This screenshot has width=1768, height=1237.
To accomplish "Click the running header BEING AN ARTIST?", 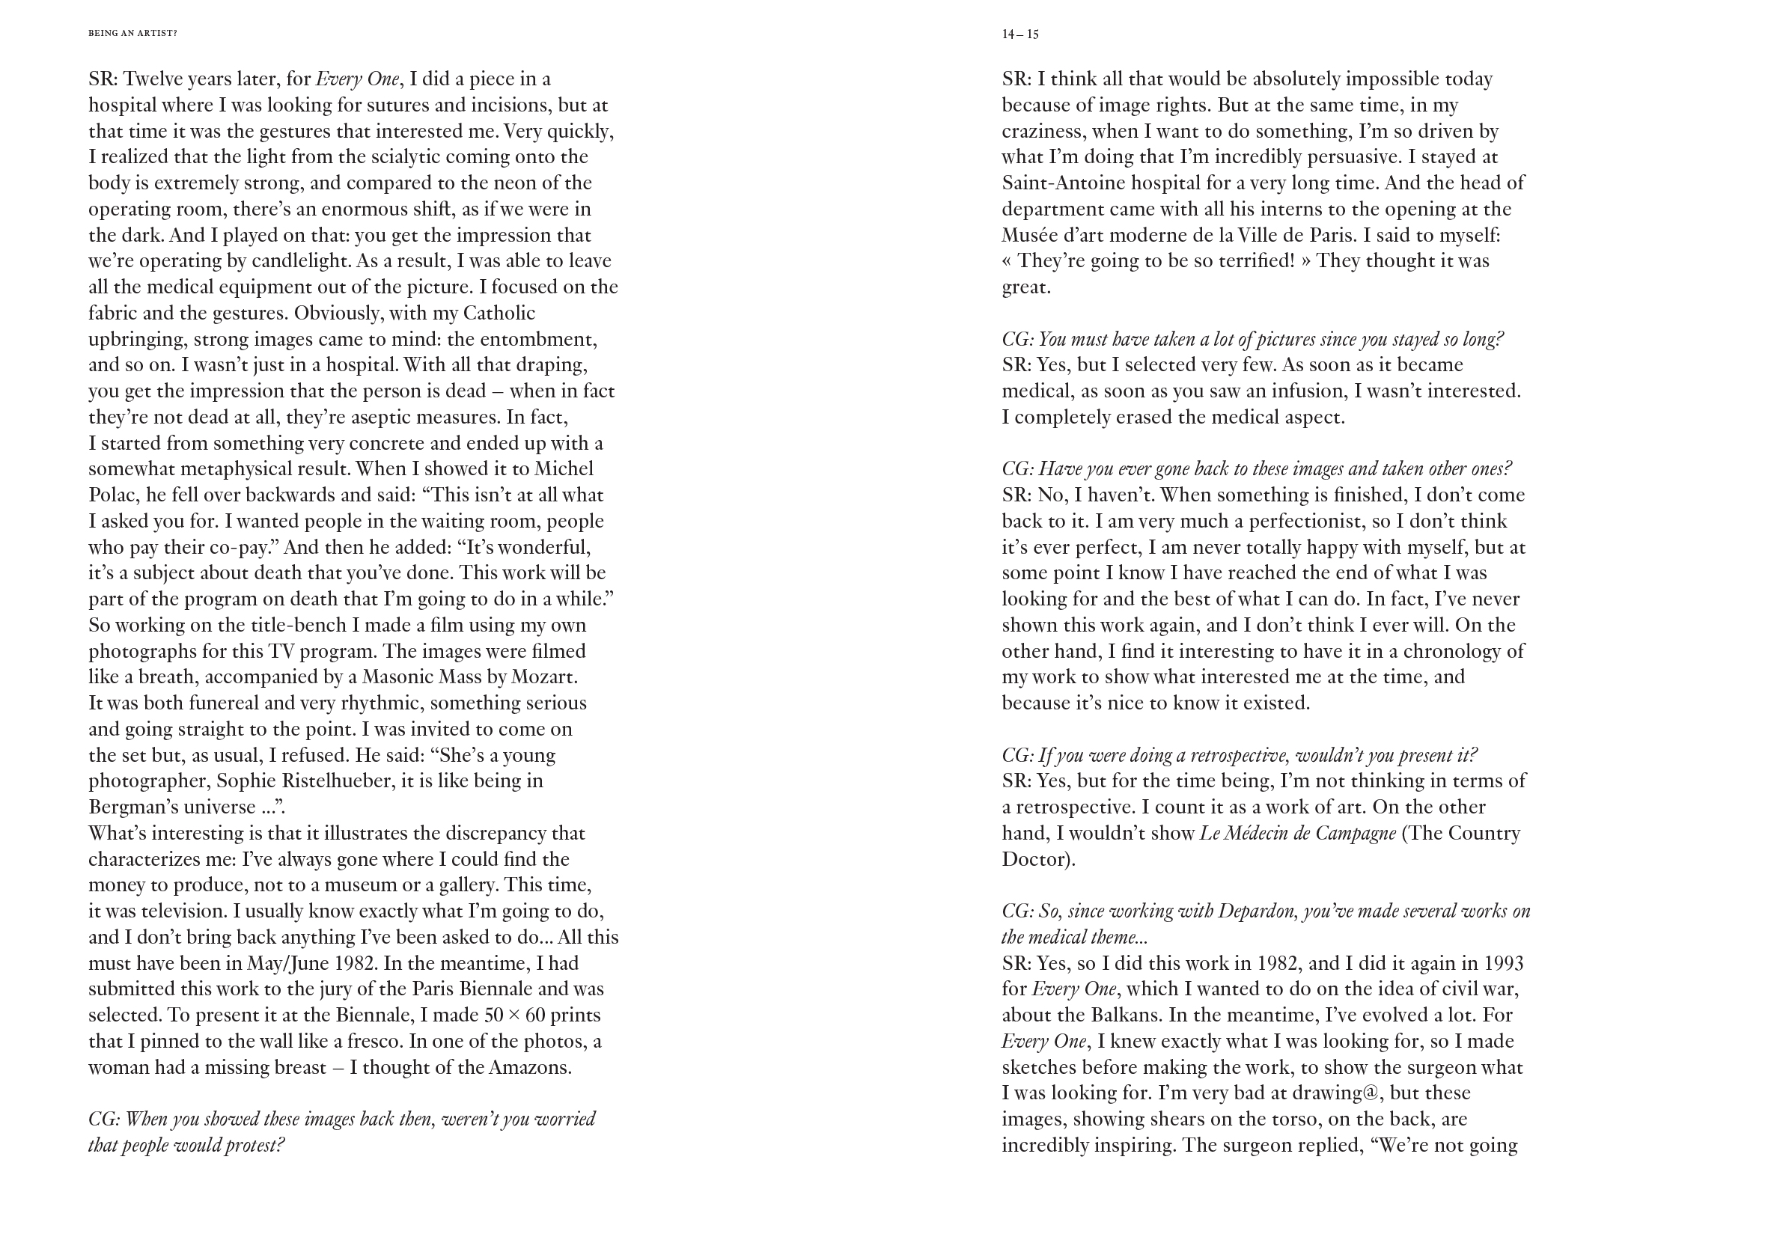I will point(132,33).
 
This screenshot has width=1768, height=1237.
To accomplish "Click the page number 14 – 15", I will point(1019,34).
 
